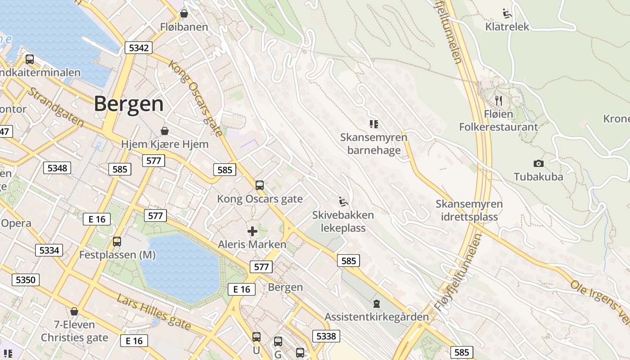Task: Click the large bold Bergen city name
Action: (x=129, y=104)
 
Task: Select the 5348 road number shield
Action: (x=57, y=168)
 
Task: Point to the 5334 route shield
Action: (x=49, y=250)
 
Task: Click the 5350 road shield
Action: (x=25, y=280)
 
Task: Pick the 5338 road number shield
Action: (x=326, y=336)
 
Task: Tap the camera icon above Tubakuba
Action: (x=538, y=163)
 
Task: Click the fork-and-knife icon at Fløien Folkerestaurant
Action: (x=498, y=100)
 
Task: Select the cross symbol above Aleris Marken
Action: (x=252, y=231)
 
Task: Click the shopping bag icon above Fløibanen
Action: (x=184, y=14)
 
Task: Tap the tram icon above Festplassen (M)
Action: (x=117, y=242)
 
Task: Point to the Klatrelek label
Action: (x=507, y=27)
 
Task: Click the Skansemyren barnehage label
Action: (x=373, y=144)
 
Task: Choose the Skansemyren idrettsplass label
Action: (x=469, y=210)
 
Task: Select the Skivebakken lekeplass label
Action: (x=343, y=221)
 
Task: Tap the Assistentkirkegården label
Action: (x=377, y=317)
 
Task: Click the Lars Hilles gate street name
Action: (x=154, y=312)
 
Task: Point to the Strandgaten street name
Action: (x=55, y=107)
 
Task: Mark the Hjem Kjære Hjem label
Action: (x=165, y=144)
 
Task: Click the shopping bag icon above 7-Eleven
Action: (x=74, y=311)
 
